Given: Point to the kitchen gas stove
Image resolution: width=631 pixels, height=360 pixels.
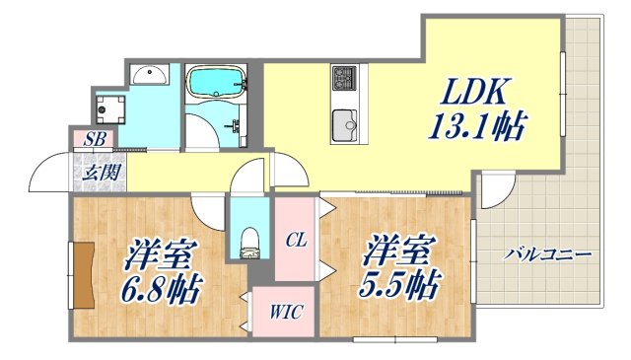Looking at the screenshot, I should click(x=345, y=76).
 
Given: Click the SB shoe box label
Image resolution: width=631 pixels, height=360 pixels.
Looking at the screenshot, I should click(x=95, y=138).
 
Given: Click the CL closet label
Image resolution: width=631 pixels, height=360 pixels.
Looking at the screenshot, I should click(x=295, y=238).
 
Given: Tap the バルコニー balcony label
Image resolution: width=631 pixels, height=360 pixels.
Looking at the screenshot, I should click(x=547, y=254).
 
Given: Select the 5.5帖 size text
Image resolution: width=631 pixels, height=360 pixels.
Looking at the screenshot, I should click(x=400, y=286).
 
